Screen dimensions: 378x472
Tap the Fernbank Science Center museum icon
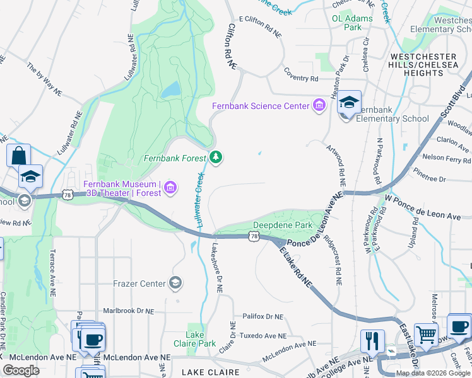[319, 105]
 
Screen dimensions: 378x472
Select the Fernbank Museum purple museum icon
[170, 188]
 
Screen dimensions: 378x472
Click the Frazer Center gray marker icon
[176, 283]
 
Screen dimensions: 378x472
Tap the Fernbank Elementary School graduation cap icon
[349, 103]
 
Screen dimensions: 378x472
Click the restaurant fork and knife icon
[372, 341]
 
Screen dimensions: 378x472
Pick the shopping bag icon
[19, 156]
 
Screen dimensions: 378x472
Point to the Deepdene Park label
[283, 225]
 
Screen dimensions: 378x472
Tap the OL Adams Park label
[352, 23]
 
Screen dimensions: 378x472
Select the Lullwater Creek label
[200, 200]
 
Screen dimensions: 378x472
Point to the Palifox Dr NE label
[263, 316]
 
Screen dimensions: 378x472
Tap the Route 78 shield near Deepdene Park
[254, 236]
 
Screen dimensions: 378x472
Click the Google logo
[21, 370]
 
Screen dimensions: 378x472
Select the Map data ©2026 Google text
[433, 373]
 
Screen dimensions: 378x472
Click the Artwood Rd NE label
[336, 164]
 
